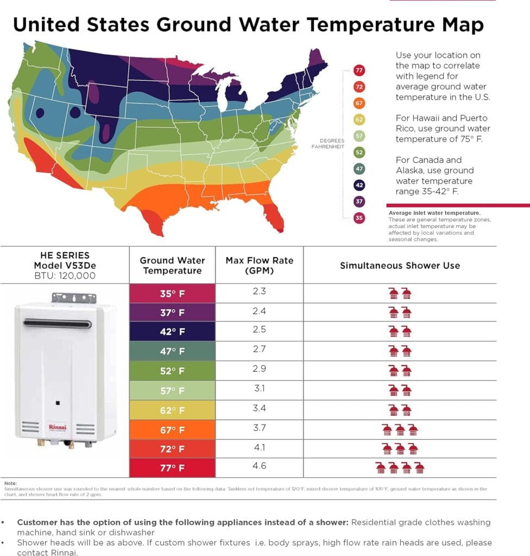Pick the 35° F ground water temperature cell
pos(172,293)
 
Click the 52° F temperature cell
pos(172,371)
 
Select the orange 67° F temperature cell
pos(172,430)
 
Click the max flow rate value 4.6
pos(259,466)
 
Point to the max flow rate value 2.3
pos(259,292)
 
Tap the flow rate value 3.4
pos(259,408)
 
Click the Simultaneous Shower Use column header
pos(400,266)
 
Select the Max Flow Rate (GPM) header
pos(259,266)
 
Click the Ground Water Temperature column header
pos(172,266)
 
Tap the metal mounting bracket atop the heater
pos(73,298)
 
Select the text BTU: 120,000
pos(65,276)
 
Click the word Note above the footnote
pos(10,483)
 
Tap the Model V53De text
pos(65,266)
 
